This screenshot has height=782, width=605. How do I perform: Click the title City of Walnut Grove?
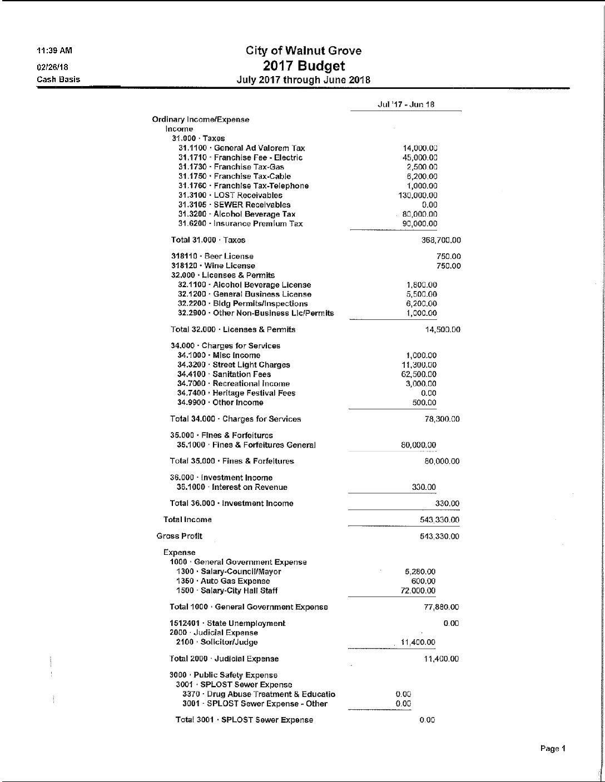[x=304, y=51]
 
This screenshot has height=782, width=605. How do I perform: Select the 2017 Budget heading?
[x=304, y=66]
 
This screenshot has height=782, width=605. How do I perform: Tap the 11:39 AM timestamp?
[x=54, y=51]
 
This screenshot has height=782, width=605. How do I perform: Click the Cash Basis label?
[x=58, y=79]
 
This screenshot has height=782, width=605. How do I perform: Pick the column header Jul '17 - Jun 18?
[x=406, y=104]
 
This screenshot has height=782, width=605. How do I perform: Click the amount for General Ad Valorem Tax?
[x=420, y=148]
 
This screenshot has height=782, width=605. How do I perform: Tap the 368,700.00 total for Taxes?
[x=441, y=240]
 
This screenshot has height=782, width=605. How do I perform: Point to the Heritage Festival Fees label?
[x=236, y=393]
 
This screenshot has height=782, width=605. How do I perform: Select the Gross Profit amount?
[x=439, y=537]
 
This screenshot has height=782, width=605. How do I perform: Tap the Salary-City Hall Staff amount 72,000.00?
[x=418, y=591]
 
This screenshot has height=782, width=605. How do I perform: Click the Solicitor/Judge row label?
[x=217, y=643]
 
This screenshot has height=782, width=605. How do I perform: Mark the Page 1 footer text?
[x=553, y=749]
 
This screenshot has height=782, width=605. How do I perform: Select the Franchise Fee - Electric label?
[x=240, y=158]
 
